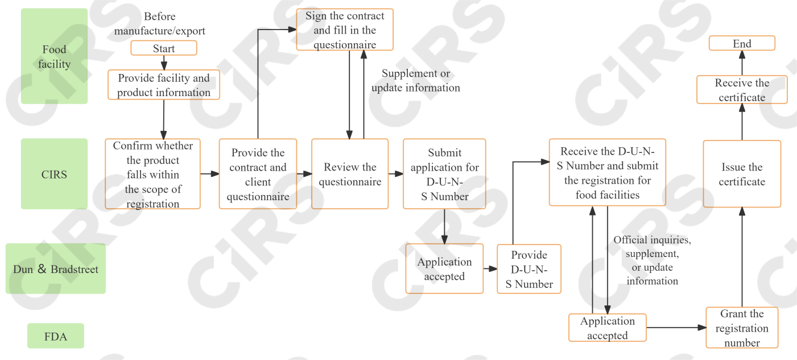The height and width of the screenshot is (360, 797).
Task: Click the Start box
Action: point(164,48)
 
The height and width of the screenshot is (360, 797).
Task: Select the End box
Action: point(742,44)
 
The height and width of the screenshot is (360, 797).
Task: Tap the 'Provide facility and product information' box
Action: point(164,85)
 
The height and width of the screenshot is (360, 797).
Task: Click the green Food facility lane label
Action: point(55,56)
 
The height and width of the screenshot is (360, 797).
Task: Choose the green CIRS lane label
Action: point(55,174)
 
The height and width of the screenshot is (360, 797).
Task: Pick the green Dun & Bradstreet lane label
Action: point(56,269)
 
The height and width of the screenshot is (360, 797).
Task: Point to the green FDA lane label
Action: point(56,336)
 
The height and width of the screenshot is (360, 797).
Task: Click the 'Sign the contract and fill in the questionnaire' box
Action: point(345,30)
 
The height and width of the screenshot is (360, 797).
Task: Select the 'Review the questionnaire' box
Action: point(350,174)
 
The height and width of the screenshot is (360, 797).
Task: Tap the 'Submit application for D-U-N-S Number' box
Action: point(444,174)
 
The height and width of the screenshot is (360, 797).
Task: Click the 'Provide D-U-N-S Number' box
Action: point(529,269)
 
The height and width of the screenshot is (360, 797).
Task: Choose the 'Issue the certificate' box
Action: point(742,174)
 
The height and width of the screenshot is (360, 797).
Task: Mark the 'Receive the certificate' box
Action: point(742,90)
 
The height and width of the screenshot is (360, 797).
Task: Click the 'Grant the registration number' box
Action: point(742,328)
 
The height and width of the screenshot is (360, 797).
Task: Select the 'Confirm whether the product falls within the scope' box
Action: point(152,174)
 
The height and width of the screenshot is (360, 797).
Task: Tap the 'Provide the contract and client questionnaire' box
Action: point(258,174)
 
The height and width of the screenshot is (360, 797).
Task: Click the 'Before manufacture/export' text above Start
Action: point(160,24)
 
